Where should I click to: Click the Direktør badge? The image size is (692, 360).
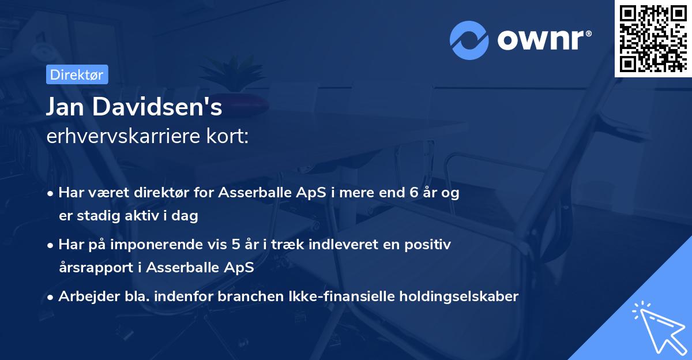click(77, 74)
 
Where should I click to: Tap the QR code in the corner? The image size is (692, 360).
click(652, 38)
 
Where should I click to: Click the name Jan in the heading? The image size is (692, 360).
click(67, 108)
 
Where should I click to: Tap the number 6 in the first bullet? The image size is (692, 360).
click(413, 193)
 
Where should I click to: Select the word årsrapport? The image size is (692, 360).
click(93, 268)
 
